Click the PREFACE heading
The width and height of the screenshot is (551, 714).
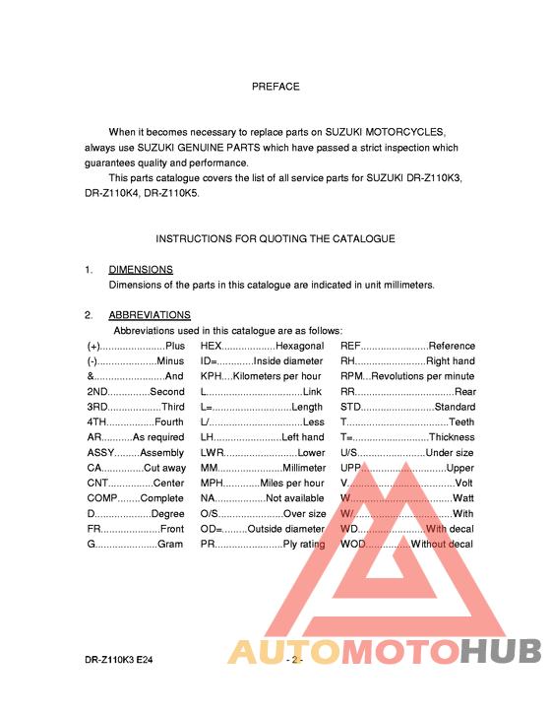(275, 87)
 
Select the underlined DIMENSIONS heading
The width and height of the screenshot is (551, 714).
(141, 269)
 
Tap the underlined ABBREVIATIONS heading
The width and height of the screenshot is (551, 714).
(150, 315)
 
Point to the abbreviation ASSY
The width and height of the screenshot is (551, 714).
(100, 452)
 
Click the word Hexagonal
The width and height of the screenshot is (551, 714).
(299, 346)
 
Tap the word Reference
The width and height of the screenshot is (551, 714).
(452, 346)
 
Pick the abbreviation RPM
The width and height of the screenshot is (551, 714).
(353, 376)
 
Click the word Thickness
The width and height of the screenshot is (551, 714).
(452, 437)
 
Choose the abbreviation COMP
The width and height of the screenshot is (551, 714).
(103, 498)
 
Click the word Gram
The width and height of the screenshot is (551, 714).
(170, 544)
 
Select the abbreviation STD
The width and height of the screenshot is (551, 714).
(351, 407)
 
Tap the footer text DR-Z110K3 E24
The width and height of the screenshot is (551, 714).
(118, 660)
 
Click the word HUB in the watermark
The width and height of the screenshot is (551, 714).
(501, 652)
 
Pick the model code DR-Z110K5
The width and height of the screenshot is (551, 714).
(171, 193)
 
